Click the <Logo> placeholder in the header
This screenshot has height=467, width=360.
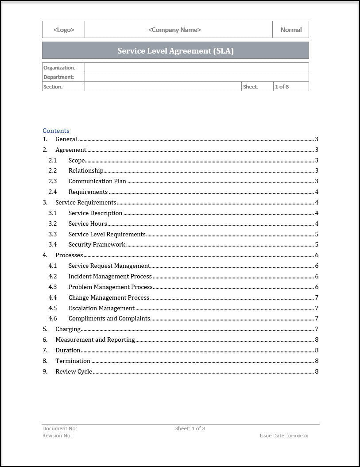coord(64,30)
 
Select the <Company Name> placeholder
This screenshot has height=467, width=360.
coord(174,30)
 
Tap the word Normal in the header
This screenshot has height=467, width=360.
coord(291,30)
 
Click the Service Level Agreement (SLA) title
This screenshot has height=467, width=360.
coord(175,50)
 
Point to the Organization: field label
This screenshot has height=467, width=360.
coord(59,68)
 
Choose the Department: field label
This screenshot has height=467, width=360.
coord(59,77)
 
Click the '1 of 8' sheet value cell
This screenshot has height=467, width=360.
coord(282,87)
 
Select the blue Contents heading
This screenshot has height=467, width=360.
coord(56,131)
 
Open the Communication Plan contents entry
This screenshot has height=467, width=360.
coord(97,181)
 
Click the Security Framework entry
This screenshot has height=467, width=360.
coord(97,244)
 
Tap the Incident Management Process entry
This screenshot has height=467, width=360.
coord(110,276)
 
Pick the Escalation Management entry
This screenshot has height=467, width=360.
coord(101,308)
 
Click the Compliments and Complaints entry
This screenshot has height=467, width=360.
coord(109,318)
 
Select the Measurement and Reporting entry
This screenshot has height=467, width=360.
coord(95,340)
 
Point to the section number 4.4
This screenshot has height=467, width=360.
coord(53,297)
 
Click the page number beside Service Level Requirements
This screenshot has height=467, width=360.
coord(317,234)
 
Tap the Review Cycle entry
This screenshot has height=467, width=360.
coord(74,371)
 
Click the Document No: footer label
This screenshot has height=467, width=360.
coord(60,428)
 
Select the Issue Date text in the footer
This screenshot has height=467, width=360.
coord(284,436)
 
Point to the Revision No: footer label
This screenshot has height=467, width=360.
coord(57,436)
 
